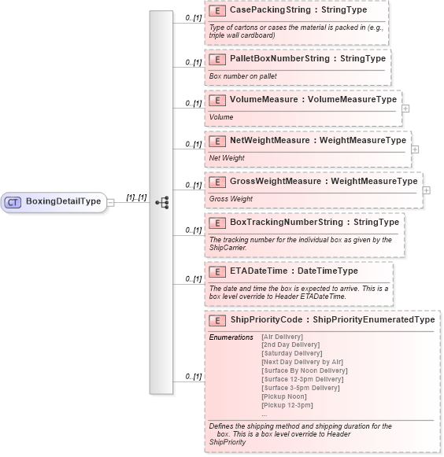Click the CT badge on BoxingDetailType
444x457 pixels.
pos(13,202)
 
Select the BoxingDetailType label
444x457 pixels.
pos(63,201)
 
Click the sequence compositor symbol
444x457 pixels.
pos(161,202)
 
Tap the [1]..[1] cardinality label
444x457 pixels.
pos(136,197)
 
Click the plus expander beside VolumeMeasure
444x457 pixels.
pos(405,109)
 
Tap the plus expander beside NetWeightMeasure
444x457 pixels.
pos(415,149)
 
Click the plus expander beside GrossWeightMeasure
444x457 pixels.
pos(426,190)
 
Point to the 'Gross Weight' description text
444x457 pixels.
pos(231,199)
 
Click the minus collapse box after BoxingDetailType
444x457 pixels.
pos(111,202)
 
